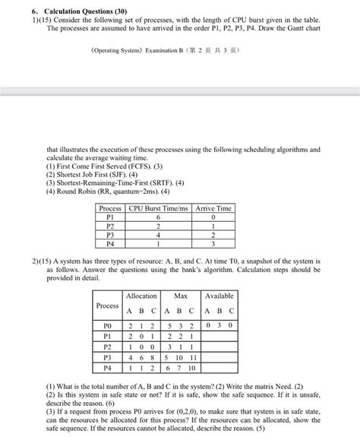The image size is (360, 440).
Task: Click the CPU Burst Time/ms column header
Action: (x=159, y=208)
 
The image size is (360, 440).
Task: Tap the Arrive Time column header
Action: (x=214, y=208)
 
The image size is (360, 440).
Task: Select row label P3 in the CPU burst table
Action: (x=111, y=236)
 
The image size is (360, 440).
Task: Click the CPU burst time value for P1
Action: (x=159, y=217)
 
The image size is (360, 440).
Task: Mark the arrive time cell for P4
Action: (x=214, y=245)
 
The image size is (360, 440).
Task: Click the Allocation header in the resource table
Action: (x=141, y=296)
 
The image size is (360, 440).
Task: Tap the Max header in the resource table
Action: (x=181, y=296)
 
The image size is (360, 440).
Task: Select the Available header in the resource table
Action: (x=219, y=296)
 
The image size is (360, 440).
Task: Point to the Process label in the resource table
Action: (x=107, y=305)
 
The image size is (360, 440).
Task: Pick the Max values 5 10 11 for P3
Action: (x=181, y=357)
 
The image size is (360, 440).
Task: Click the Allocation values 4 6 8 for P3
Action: (x=141, y=357)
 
